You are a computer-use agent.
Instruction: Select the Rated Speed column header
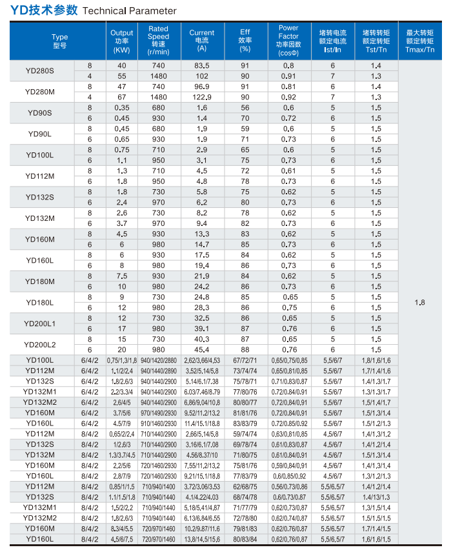pos(158,41)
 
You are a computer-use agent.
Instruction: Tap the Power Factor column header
pos(288,41)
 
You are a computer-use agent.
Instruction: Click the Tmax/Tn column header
pos(420,41)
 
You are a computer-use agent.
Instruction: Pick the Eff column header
pos(245,41)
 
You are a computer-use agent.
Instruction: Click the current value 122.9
pos(202,97)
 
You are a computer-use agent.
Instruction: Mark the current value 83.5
pos(202,66)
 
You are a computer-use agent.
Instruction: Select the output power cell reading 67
pos(121,97)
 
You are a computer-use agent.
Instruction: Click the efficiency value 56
pos(245,108)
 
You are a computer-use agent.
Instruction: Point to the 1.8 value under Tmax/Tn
pos(420,302)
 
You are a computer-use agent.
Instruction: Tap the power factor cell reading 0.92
pos(288,97)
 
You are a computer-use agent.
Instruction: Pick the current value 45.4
pos(202,349)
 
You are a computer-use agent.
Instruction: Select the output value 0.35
pos(121,108)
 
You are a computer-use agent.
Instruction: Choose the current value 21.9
pos(202,276)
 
